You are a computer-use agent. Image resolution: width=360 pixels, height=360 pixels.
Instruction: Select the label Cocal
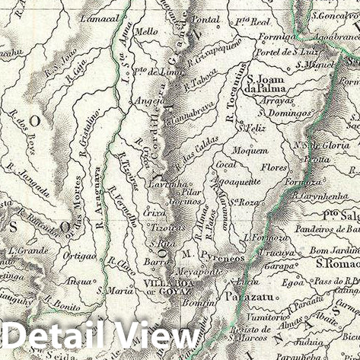tap(225, 164)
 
